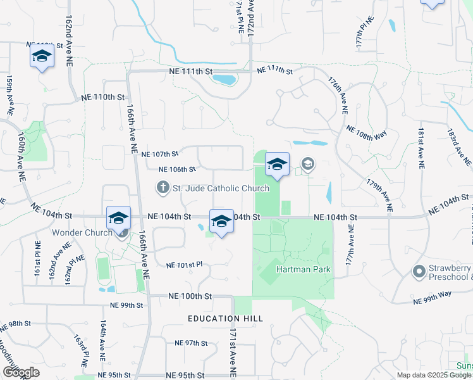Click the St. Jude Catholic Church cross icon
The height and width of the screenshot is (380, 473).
163,187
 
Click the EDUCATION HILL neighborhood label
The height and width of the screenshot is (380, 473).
224,318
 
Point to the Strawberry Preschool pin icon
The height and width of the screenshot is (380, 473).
418,272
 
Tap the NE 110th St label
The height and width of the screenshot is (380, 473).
104,98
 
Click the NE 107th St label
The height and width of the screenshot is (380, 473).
161,154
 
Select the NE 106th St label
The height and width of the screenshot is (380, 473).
177,169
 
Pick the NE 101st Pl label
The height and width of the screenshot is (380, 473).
183,265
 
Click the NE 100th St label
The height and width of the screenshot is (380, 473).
189,296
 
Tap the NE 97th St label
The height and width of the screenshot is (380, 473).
192,343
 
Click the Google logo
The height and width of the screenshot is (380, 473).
20,372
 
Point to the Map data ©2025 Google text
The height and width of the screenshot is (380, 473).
434,375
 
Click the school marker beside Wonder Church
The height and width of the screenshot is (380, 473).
118,218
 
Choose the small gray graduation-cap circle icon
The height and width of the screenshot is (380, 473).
307,165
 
